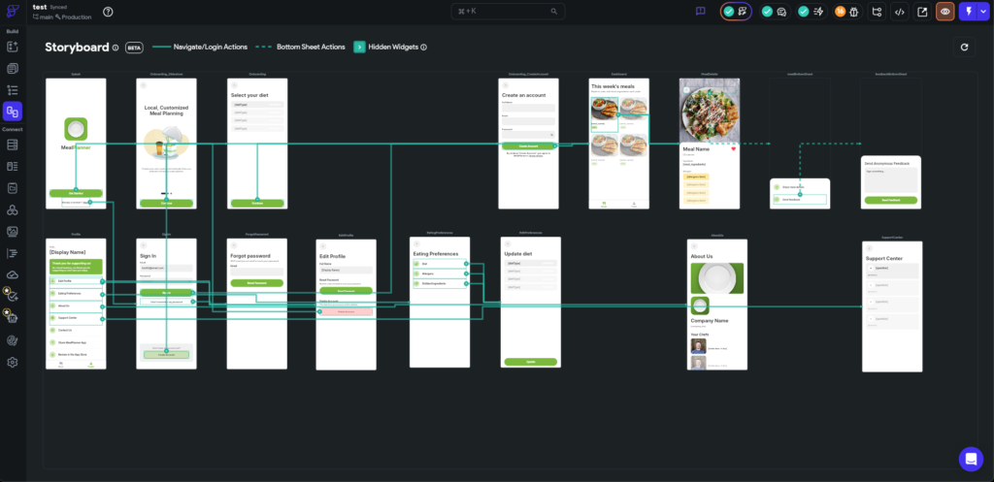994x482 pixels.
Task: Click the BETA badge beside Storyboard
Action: [134, 47]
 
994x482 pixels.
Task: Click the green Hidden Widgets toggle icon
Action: [359, 47]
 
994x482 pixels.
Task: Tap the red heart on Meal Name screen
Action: [734, 148]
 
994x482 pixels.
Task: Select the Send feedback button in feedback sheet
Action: [890, 200]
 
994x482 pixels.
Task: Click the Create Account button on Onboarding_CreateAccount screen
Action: [528, 145]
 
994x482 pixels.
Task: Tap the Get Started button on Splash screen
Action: [75, 193]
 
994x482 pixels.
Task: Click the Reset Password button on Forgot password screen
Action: [257, 282]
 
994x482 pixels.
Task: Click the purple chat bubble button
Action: [971, 458]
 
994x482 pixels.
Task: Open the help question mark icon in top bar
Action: [108, 12]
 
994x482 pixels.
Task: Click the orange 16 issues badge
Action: [841, 12]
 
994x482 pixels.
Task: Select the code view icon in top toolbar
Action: [900, 12]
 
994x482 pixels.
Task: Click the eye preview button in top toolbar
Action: [944, 12]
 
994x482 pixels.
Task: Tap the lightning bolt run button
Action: [967, 12]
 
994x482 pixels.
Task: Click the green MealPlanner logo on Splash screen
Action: [75, 128]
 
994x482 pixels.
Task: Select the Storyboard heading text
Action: [76, 47]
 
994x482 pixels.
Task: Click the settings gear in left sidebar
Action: [13, 363]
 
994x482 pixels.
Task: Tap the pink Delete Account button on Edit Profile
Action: [346, 310]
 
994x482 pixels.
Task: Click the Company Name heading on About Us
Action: [710, 319]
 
